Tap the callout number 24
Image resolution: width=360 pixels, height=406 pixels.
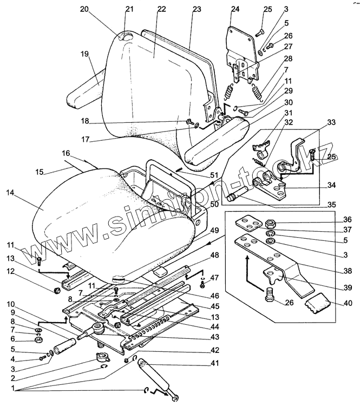235,9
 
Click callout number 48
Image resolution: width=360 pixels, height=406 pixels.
215,255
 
